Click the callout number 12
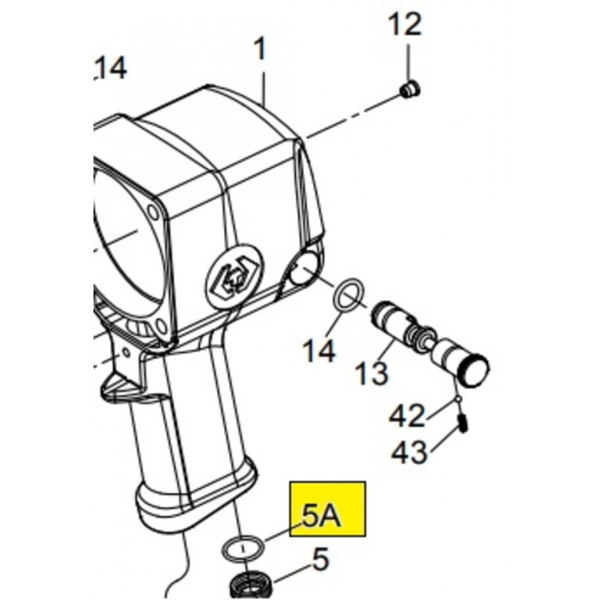pos(405,24)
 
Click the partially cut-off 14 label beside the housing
pos(110,68)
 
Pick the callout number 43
pos(408,452)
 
